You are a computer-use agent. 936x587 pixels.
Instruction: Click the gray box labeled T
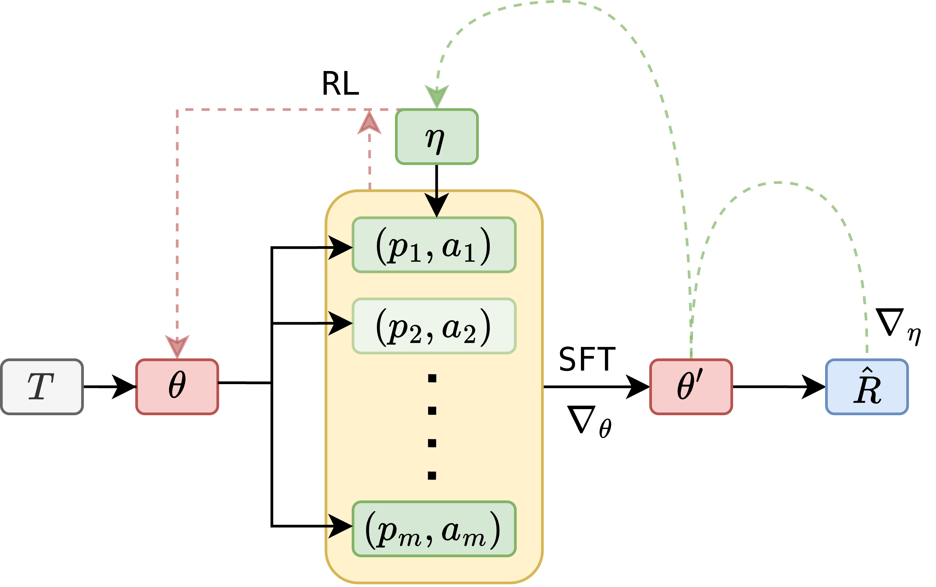[42, 387]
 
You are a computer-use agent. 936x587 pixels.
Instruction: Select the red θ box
[177, 387]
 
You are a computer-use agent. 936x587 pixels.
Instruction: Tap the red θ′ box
[691, 387]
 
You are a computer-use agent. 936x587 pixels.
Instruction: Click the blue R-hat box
[867, 387]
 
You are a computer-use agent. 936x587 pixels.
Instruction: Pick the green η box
[437, 137]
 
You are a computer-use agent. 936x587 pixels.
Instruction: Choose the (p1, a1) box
[434, 245]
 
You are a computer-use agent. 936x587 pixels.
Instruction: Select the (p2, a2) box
[434, 326]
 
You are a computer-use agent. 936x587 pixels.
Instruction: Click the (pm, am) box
[434, 529]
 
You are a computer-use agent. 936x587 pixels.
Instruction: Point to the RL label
[341, 84]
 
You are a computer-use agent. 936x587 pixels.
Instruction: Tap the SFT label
[587, 359]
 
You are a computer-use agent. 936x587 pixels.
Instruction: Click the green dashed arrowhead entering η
[437, 95]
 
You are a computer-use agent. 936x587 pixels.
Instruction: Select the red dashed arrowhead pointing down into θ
[177, 346]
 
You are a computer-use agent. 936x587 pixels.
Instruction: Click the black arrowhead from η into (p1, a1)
[437, 204]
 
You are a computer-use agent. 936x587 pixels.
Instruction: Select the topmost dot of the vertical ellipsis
[432, 378]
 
